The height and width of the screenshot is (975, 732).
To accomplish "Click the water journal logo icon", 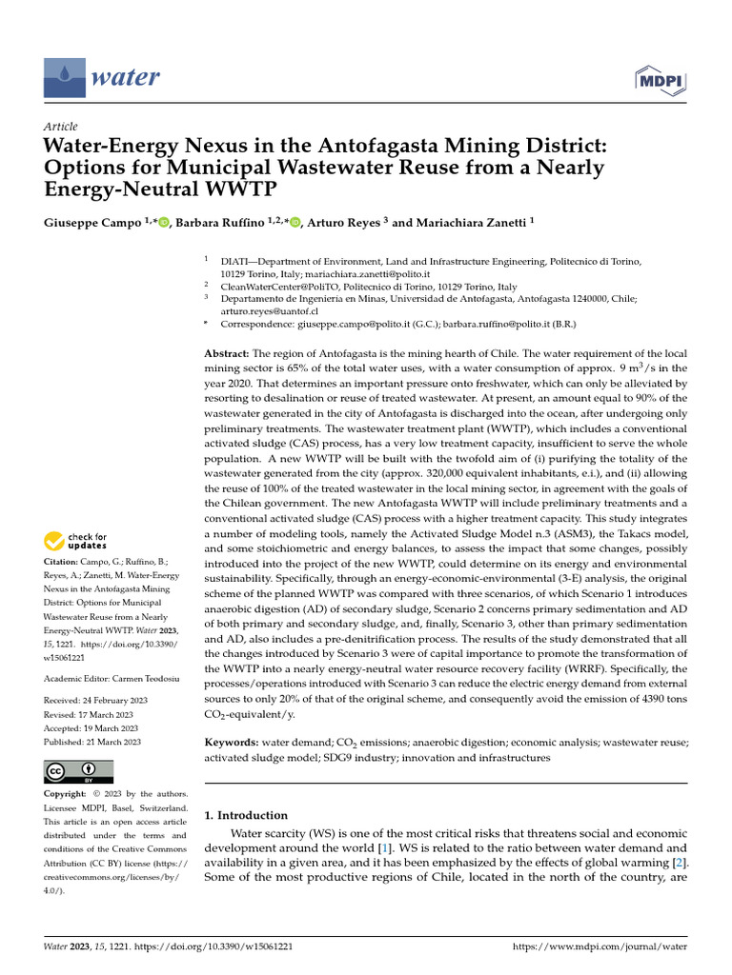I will click(x=64, y=75).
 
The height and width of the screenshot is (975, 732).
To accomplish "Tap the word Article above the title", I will click(x=61, y=127).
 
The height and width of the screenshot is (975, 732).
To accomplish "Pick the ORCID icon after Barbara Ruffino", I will click(x=295, y=223).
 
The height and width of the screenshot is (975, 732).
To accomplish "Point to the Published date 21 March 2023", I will click(x=112, y=742).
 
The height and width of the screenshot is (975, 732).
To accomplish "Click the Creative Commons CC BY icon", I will click(x=79, y=771).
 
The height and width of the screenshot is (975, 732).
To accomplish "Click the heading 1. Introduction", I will click(x=246, y=815).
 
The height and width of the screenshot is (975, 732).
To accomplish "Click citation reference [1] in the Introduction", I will click(x=383, y=847).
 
